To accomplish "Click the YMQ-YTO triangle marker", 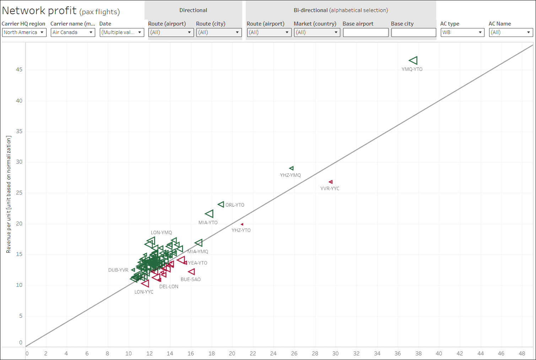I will click(x=413, y=60).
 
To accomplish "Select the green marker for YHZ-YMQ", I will click(x=292, y=168).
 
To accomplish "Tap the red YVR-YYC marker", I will click(x=331, y=182).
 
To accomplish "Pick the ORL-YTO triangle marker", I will click(x=221, y=204).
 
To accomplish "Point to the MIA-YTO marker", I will click(x=210, y=214).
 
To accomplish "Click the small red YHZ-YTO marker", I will click(x=242, y=224).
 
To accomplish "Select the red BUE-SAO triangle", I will click(x=191, y=272).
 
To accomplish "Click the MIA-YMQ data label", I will click(x=198, y=251).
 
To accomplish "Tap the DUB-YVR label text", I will click(x=118, y=270).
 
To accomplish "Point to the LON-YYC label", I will click(x=144, y=292).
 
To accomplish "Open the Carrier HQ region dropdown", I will click(x=24, y=32).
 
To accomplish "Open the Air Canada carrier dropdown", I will click(x=73, y=32).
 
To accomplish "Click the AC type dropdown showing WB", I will click(x=462, y=32).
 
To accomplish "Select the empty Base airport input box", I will click(x=366, y=32).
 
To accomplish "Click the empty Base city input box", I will click(x=413, y=32).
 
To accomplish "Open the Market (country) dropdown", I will click(x=317, y=32).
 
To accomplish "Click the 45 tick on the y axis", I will click(x=19, y=70).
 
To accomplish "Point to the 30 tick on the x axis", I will click(x=335, y=353).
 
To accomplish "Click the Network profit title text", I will click(x=39, y=11).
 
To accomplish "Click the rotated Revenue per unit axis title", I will click(x=9, y=195).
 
